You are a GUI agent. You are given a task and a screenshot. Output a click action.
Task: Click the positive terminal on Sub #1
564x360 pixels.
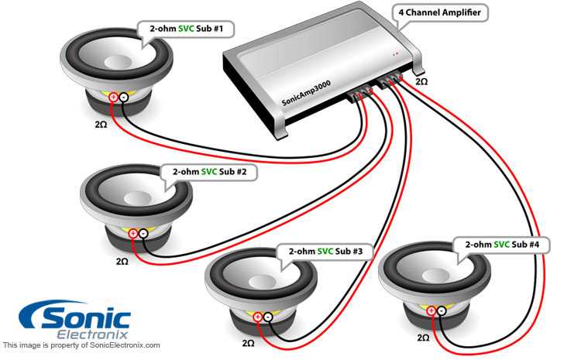pos(113,97)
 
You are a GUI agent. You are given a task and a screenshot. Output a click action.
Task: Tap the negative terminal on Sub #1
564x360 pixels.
pos(123,97)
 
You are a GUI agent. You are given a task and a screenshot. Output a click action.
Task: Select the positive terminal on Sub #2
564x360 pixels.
pos(133,234)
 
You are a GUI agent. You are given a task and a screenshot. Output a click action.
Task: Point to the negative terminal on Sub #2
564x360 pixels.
pos(143,234)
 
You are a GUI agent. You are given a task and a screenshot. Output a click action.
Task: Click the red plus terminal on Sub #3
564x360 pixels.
pos(257,317)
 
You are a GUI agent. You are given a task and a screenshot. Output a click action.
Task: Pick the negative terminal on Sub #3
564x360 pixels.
pos(268,317)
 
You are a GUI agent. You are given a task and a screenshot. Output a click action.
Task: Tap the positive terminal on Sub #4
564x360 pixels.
pos(431,310)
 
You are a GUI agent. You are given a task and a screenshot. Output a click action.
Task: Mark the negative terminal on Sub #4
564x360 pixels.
pos(442,310)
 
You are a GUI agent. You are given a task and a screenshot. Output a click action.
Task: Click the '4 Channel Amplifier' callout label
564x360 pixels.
pos(439,13)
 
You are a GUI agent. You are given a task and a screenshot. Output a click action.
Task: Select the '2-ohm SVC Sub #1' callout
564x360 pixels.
pos(186,29)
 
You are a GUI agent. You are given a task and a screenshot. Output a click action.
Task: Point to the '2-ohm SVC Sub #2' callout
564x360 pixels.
pos(209,172)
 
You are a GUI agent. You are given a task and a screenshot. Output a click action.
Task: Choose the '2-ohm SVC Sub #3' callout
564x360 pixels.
pos(325,252)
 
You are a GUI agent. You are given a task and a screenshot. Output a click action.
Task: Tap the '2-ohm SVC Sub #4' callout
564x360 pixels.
pos(502,245)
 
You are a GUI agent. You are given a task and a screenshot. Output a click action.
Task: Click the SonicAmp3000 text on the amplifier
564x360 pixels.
pos(306,93)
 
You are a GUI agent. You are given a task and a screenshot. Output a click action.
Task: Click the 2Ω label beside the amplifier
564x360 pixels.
pos(421,82)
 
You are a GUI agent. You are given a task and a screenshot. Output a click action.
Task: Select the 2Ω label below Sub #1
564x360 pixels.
pos(101,125)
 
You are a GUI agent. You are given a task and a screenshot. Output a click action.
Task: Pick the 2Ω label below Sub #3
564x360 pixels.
pos(248,343)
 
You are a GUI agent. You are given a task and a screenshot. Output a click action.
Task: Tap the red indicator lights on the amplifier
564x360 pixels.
pos(396,54)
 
